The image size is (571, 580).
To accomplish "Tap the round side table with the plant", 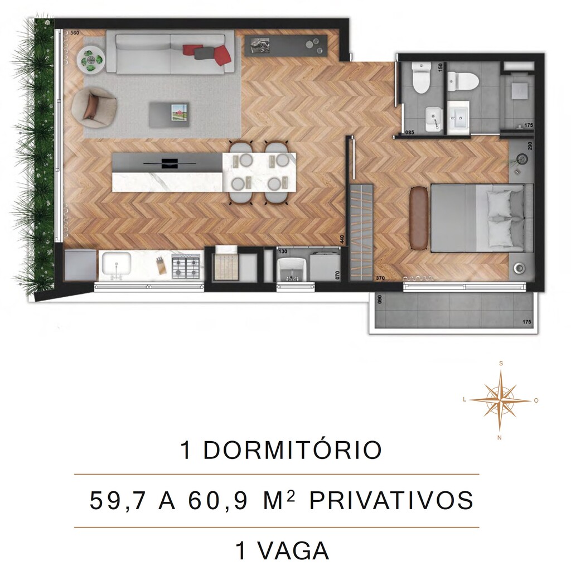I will coord(90,59).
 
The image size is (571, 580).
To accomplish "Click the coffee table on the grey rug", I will coord(168,114).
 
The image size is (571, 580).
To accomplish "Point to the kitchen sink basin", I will coord(115,264).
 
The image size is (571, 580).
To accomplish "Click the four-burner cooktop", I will coord(186,266).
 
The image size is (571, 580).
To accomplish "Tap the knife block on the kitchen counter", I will coord(161,264).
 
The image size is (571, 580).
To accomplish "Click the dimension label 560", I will coord(75,33).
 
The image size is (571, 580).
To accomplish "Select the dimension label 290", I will coord(530,146).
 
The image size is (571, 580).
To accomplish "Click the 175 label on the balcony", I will coord(527,322).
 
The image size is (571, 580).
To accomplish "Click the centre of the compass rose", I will coord(501,400).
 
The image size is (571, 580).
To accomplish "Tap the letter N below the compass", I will coord(499,438).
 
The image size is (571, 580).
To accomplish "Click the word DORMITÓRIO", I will coord(292,451).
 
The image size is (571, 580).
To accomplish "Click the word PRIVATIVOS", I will coord(391,501).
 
